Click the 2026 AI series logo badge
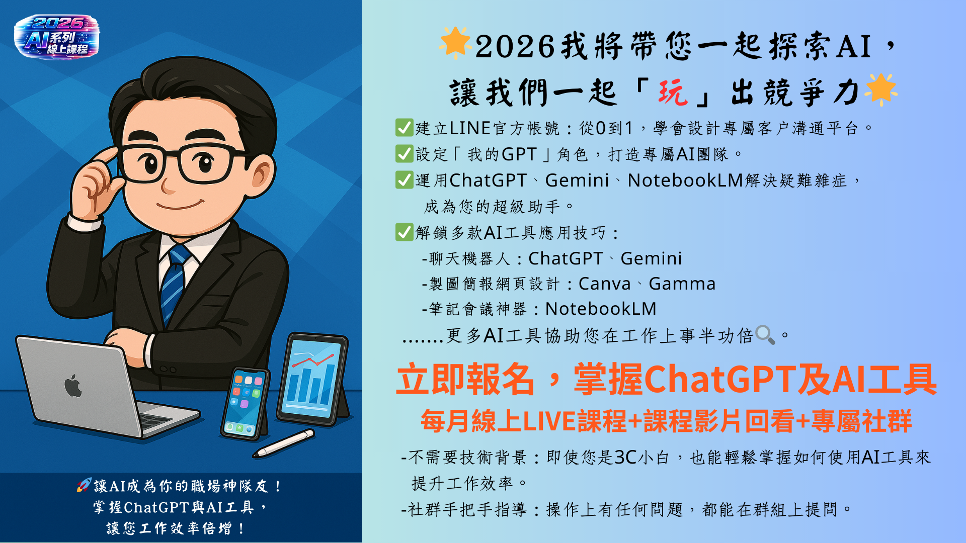click(x=57, y=36)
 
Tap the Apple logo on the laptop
click(x=73, y=386)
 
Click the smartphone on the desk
click(x=245, y=404)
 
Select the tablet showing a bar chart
click(x=313, y=378)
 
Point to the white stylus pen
click(x=284, y=443)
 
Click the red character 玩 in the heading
click(x=673, y=93)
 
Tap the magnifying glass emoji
click(x=765, y=335)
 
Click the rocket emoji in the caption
click(x=84, y=485)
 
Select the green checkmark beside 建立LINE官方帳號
click(x=404, y=128)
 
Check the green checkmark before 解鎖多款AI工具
click(x=404, y=232)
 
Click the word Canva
click(x=604, y=284)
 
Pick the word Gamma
click(x=682, y=284)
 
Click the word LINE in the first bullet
click(x=470, y=128)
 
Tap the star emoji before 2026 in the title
click(x=455, y=43)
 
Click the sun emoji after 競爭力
click(x=880, y=89)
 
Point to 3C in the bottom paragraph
click(x=626, y=457)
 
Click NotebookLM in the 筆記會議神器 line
click(x=601, y=309)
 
